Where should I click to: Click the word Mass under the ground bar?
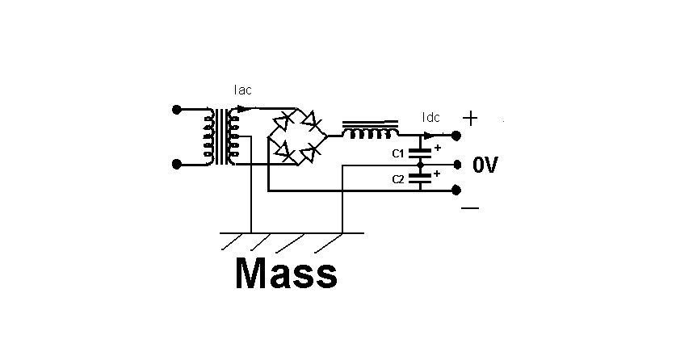286,274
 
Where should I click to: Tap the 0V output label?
485,165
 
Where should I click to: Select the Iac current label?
243,90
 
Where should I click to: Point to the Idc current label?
431,117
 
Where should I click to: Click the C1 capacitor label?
398,154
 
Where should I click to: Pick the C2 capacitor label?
398,179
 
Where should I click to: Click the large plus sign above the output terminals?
470,119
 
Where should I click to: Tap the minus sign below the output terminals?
470,207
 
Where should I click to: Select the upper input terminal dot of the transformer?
177,109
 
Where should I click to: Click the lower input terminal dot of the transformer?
177,165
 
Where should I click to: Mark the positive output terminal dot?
456,136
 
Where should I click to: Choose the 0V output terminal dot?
457,165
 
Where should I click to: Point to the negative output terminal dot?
456,190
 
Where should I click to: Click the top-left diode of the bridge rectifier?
283,120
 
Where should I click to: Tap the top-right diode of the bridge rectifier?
310,120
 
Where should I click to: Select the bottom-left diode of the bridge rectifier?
284,151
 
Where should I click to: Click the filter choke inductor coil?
370,129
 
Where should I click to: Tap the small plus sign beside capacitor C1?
438,148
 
